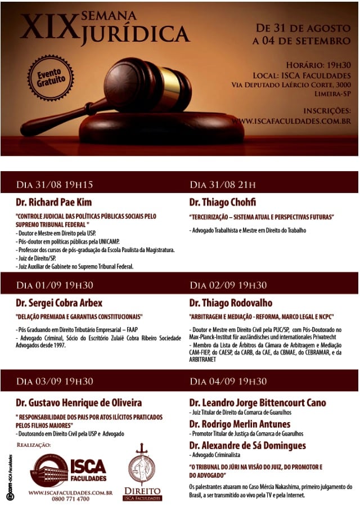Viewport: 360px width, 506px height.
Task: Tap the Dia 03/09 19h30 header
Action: coord(55,381)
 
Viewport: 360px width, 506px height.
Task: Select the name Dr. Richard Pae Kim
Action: coord(54,201)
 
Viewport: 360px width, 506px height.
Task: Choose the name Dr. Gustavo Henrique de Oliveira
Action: coord(79,402)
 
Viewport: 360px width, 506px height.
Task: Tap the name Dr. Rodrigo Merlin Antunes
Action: coord(240,424)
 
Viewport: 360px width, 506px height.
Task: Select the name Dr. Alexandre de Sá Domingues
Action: coord(247,445)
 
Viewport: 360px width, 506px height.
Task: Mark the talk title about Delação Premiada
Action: coord(79,316)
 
